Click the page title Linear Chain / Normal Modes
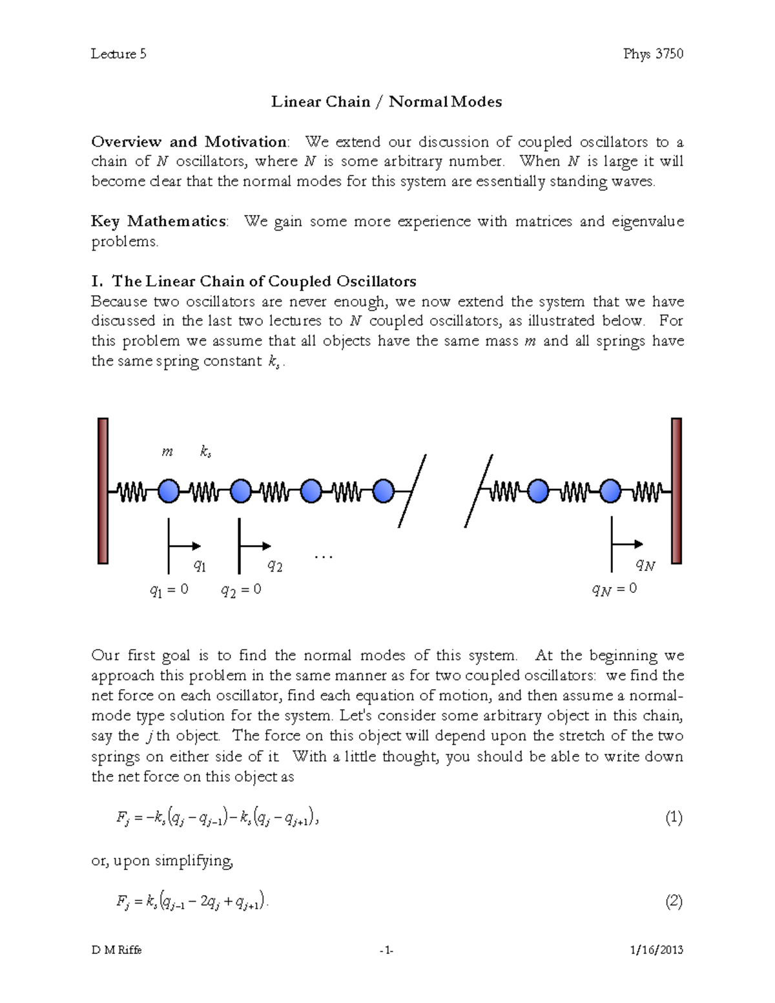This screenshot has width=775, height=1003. pos(386,101)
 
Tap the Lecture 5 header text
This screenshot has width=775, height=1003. pos(118,54)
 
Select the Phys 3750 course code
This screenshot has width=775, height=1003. pos(653,54)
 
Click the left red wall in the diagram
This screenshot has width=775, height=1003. pos(103,491)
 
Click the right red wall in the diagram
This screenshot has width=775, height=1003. pos(676,491)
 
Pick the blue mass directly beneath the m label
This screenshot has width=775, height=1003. pos(169,491)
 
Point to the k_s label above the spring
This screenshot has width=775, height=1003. pos(205,452)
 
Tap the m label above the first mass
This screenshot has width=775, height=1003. pos(167,452)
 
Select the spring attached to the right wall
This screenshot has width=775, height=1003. pos(647,492)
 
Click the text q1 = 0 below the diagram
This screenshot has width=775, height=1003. pos(169,590)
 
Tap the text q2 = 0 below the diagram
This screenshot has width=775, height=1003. pos(241,590)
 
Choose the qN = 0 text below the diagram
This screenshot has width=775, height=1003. pos(614,589)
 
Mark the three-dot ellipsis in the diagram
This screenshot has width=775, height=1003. pos(323,557)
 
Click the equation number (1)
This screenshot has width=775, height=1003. pos(674,818)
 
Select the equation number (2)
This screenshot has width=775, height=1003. pos(674,902)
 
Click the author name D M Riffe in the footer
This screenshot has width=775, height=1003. pos(116,950)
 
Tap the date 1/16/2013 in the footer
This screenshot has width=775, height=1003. pos(656,950)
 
